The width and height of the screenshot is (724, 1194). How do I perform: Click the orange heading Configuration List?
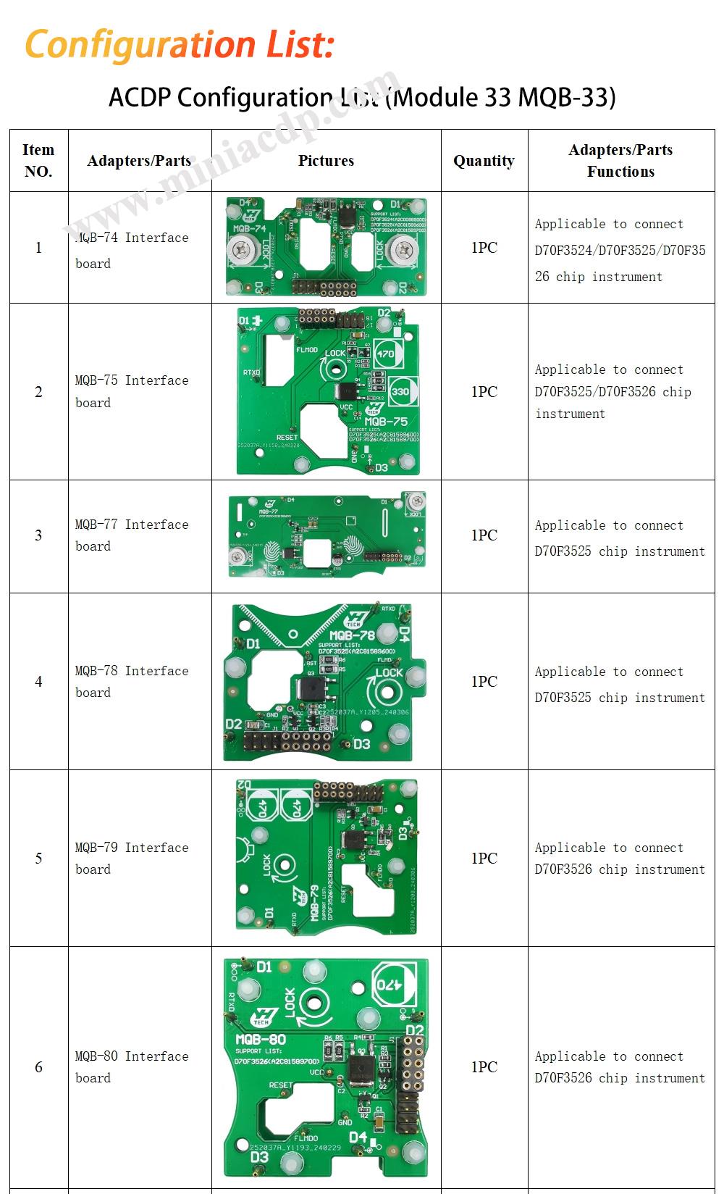[x=180, y=44]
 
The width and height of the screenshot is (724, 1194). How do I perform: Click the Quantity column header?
[x=484, y=161]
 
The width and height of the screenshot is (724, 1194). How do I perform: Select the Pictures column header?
[x=326, y=161]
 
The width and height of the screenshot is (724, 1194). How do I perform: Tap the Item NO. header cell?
[x=38, y=161]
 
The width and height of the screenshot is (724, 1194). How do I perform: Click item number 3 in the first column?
[x=38, y=535]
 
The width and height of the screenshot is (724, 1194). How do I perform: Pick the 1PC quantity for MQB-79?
[x=484, y=859]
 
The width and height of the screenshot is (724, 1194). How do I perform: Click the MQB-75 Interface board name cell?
[x=132, y=391]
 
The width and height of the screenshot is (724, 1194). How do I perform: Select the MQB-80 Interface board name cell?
[x=132, y=1066]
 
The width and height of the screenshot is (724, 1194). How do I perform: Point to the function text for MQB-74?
[x=620, y=250]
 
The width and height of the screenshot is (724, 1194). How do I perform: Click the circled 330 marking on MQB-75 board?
[x=400, y=391]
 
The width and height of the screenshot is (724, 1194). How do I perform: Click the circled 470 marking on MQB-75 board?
[x=386, y=354]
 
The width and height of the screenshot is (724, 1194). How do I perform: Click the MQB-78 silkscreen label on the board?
[x=353, y=635]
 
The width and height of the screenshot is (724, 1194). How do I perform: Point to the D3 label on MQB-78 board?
[x=361, y=744]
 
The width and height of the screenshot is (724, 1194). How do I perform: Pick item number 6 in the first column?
[x=38, y=1067]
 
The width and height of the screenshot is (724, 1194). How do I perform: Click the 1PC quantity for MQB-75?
[x=484, y=392]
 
